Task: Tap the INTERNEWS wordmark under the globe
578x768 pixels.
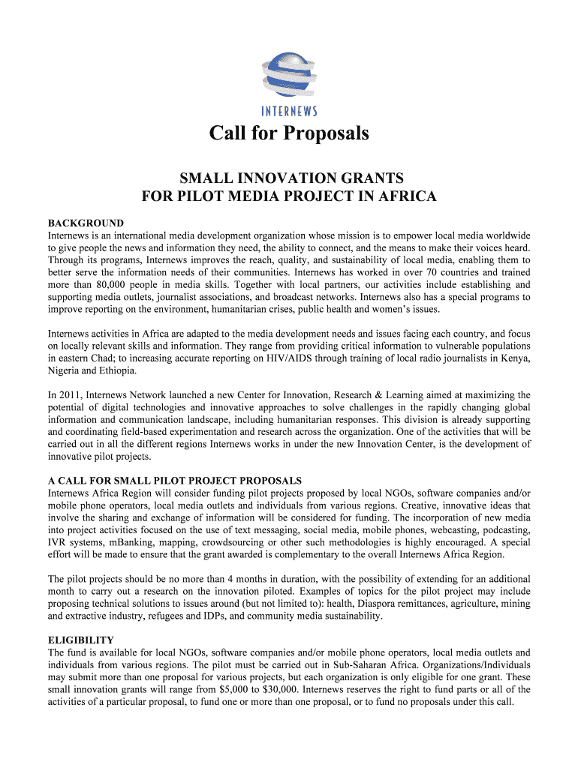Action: pyautogui.click(x=289, y=111)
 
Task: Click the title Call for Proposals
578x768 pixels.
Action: pyautogui.click(x=289, y=133)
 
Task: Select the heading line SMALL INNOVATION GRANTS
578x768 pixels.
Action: pyautogui.click(x=289, y=178)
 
